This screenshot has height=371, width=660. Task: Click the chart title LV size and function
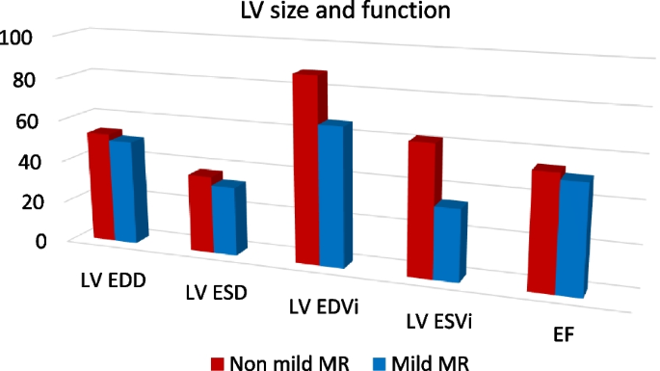(329, 13)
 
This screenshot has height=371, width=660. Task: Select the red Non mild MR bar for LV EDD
(100, 188)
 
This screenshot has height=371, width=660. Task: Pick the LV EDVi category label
(324, 306)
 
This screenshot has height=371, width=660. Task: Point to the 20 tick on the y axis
(17, 200)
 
